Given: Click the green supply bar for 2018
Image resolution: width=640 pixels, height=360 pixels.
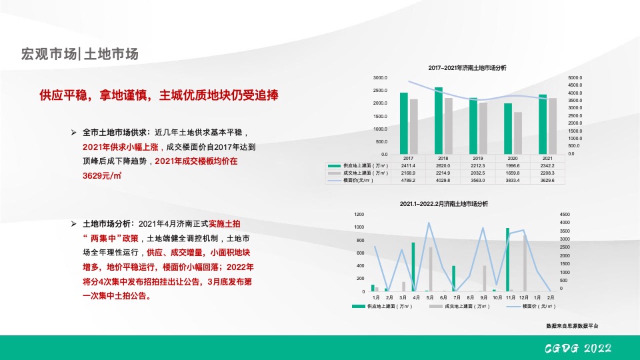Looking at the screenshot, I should pos(438,120).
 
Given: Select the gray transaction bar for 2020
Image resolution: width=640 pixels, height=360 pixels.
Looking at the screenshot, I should pos(518,133).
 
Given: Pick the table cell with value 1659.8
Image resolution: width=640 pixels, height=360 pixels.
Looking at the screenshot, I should pos(513,173).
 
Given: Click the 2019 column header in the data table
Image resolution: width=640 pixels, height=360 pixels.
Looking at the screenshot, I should pos(478,158).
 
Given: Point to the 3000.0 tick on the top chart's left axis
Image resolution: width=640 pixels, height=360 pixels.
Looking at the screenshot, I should pos(380,78).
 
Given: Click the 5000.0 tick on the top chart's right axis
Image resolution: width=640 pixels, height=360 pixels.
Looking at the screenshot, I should pos(575,78).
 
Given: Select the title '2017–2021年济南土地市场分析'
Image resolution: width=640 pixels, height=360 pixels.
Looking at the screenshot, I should pos(467,68).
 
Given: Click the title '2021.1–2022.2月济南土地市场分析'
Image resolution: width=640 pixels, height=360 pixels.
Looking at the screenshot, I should pos(444,204).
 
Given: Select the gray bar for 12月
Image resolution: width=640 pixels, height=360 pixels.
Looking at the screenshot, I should pos(525,263).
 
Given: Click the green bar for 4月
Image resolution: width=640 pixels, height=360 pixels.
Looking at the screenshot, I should pos(413,267).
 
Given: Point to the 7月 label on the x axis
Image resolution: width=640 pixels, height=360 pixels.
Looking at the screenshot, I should pos(457,297).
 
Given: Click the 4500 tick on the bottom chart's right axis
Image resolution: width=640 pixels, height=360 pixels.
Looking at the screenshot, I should pos(565,215).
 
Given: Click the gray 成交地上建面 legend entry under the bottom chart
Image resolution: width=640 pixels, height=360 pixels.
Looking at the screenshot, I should pos(460,307).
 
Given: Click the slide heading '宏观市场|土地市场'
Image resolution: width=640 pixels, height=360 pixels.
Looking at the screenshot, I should pos(80,54).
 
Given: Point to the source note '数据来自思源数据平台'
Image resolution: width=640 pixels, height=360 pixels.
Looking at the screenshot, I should pos(572,326).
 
